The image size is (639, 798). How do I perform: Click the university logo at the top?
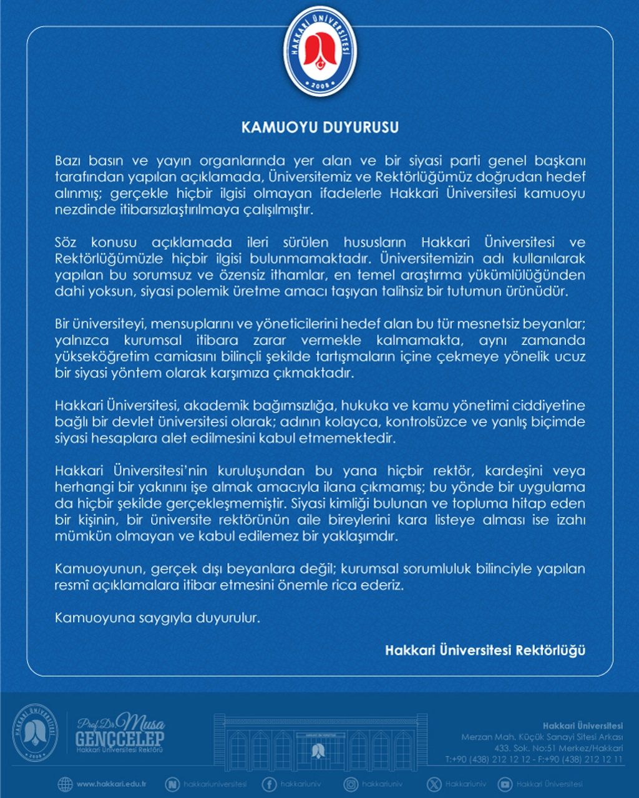click(x=319, y=52)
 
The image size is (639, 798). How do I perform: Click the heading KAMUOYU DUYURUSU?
click(x=319, y=128)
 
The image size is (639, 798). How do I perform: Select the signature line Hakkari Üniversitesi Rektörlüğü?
click(x=485, y=650)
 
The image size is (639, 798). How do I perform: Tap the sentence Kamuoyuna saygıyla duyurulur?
click(x=157, y=618)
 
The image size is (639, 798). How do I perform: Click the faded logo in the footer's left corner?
click(x=35, y=732)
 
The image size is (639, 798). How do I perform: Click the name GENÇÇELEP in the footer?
click(x=120, y=739)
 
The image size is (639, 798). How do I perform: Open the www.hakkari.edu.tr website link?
click(x=111, y=784)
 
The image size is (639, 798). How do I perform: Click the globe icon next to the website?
click(x=65, y=784)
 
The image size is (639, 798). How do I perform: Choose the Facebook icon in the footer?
click(x=269, y=784)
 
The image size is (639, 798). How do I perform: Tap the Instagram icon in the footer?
click(x=351, y=784)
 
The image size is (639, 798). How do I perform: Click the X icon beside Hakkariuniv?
click(x=434, y=784)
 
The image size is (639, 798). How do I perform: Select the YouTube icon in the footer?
click(x=505, y=784)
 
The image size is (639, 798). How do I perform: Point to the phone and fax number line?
click(x=534, y=759)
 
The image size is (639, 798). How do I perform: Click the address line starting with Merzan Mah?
click(x=542, y=737)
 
